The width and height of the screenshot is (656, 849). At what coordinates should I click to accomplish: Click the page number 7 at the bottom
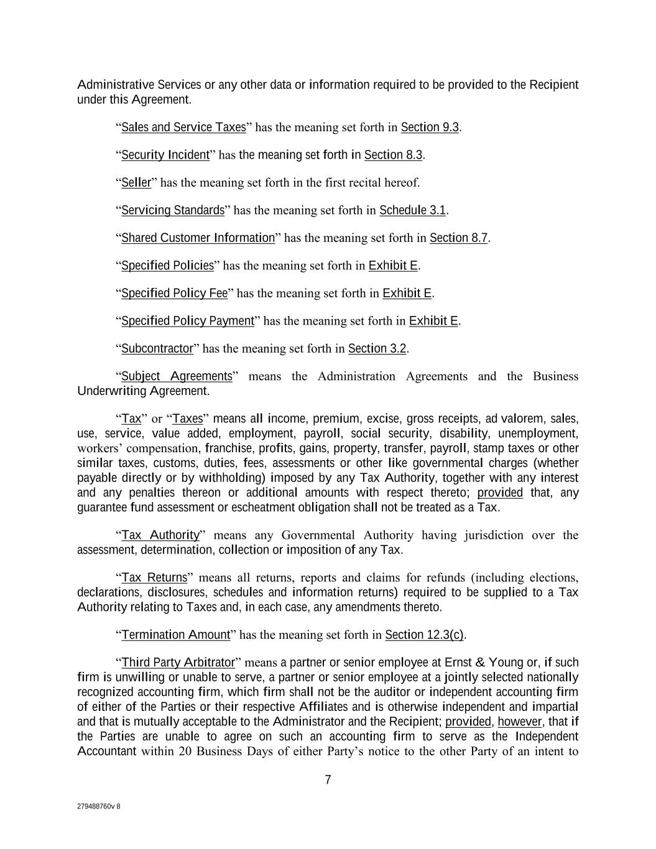[328, 780]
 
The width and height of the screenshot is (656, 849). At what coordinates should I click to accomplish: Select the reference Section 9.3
[430, 128]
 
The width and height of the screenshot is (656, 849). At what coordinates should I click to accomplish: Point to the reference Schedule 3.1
[412, 210]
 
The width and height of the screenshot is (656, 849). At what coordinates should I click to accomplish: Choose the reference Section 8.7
[458, 238]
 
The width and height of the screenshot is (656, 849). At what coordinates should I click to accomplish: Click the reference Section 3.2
[377, 348]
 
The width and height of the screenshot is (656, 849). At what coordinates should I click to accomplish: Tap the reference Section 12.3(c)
[424, 635]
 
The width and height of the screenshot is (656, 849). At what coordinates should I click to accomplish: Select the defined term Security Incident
[165, 155]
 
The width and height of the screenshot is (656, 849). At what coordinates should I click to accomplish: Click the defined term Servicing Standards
[172, 210]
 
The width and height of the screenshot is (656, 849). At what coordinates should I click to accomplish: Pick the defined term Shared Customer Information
[198, 238]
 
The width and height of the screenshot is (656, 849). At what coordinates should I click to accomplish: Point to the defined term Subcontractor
[157, 348]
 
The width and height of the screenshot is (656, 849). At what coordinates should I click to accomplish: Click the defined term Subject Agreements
[176, 376]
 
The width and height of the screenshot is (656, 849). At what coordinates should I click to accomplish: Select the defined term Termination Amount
[175, 635]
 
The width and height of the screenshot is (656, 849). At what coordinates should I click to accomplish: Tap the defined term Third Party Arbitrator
[178, 662]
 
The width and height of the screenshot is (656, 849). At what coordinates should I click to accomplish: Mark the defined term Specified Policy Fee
[174, 293]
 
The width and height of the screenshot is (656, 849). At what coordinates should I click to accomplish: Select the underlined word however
[520, 722]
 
